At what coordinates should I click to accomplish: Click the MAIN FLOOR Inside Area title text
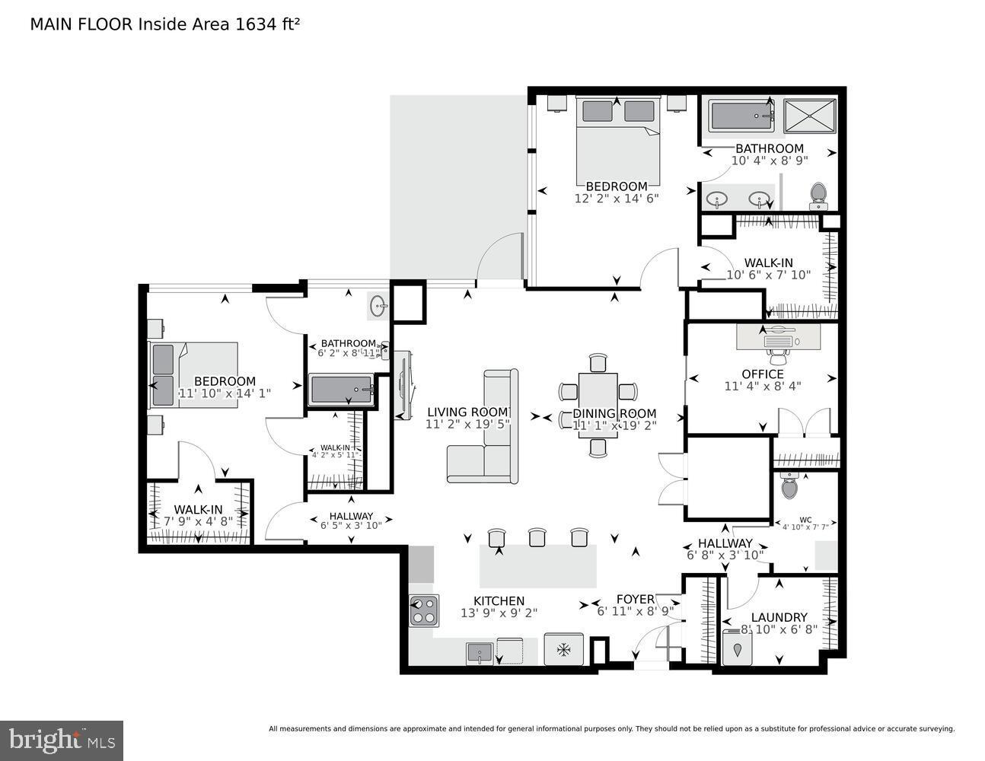point(164,24)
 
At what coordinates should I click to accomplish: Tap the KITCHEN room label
point(499,600)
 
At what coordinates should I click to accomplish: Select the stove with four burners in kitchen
point(424,610)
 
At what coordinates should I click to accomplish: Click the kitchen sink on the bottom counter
point(480,652)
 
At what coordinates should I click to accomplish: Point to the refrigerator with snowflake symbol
point(563,650)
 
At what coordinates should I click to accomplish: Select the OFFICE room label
point(762,374)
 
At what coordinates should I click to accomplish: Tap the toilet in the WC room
point(789,484)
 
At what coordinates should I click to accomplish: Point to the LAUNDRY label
point(779,617)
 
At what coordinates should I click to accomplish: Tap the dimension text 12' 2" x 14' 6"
point(616,198)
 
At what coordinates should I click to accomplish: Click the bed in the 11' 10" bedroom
point(195,374)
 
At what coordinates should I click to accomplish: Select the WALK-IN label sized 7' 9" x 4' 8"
point(198,510)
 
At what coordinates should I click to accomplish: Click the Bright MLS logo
point(62,740)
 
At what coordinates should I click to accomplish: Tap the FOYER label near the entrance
point(635,599)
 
